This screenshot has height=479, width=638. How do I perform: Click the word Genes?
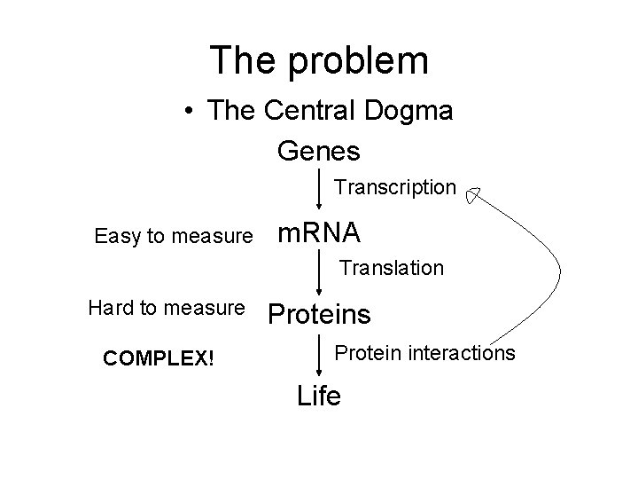click(318, 151)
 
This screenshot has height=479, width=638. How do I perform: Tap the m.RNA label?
click(319, 233)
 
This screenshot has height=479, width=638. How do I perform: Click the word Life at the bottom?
click(319, 396)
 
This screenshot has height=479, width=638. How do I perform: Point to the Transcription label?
click(394, 188)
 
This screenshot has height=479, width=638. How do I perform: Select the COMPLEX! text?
click(159, 358)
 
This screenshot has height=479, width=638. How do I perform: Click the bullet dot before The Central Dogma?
click(189, 113)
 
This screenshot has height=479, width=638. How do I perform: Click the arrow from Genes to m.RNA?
click(320, 190)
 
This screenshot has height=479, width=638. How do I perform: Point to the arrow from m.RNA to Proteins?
click(320, 272)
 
